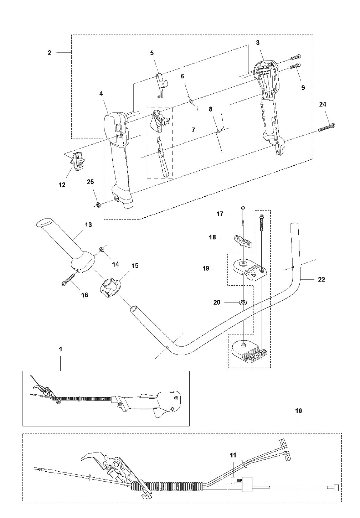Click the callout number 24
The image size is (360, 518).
(323, 104)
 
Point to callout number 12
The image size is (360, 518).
(62, 185)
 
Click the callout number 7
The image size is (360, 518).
(193, 130)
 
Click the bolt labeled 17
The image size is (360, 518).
(243, 217)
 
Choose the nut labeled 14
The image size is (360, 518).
(101, 249)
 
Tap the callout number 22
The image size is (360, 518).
(322, 279)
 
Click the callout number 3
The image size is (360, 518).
(258, 43)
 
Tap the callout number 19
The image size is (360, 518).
(206, 268)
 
